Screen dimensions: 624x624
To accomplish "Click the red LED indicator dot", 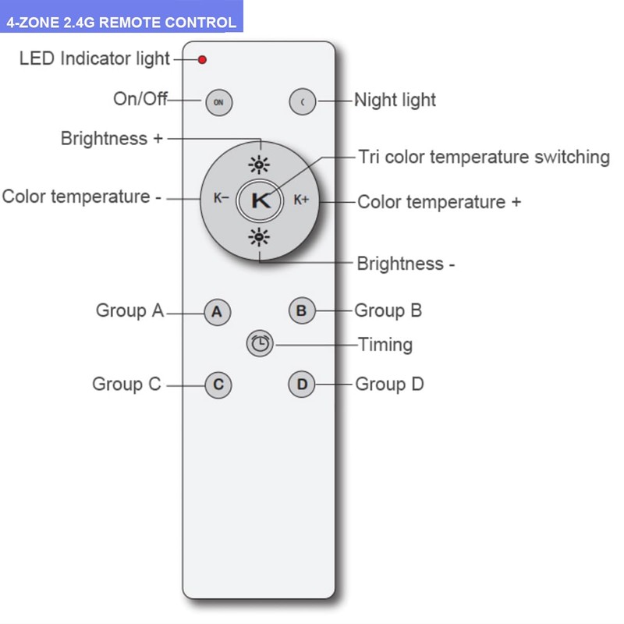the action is [203, 59].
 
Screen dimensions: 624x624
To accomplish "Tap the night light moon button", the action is [302, 101].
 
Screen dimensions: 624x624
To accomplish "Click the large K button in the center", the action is [261, 199].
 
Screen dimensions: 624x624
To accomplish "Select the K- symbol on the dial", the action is [221, 199].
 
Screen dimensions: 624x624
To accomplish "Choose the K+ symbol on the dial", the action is [301, 199].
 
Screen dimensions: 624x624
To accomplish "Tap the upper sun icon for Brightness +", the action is [260, 164].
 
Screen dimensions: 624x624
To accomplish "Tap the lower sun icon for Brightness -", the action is [260, 237].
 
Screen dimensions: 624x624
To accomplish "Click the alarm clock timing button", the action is [260, 342].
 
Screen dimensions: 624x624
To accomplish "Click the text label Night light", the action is [395, 100].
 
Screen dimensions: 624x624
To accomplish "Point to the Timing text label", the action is [385, 344].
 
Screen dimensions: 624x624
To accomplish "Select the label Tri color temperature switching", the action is [484, 157].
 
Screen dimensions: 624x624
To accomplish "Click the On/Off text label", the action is [140, 99].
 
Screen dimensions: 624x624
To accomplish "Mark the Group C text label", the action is [126, 384].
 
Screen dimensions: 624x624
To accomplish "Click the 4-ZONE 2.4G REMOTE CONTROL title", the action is [121, 22].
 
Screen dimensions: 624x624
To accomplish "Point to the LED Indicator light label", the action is [94, 58].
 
